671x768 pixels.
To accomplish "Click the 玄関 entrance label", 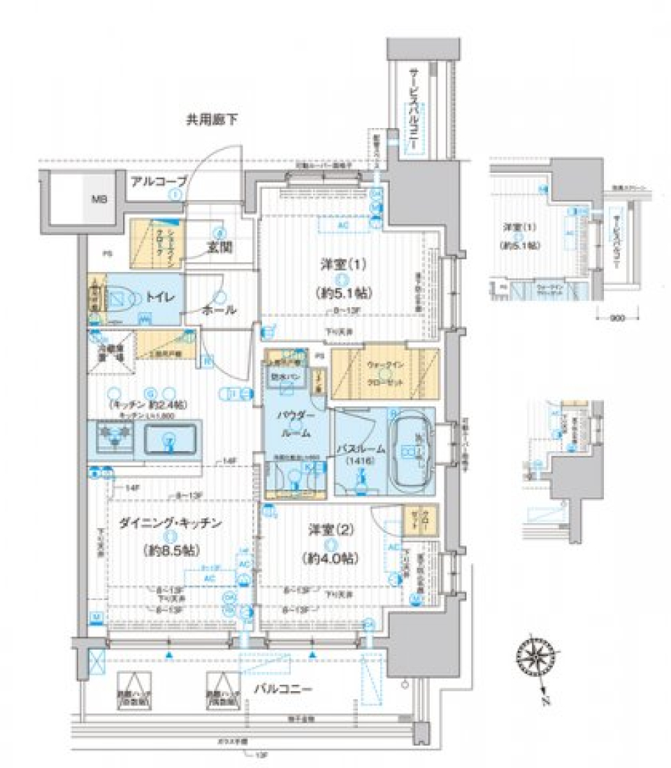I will (219, 248).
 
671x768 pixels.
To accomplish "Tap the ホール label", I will (219, 309).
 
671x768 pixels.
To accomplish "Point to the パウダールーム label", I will (290, 424).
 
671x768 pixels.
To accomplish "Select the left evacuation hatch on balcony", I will (134, 687).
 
